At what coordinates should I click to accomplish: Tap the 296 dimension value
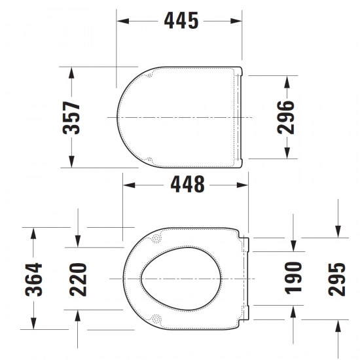click(287, 117)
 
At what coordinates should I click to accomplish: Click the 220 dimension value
click(78, 279)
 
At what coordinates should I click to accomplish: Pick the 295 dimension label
click(338, 279)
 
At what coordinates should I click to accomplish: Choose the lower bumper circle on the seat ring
click(158, 320)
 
